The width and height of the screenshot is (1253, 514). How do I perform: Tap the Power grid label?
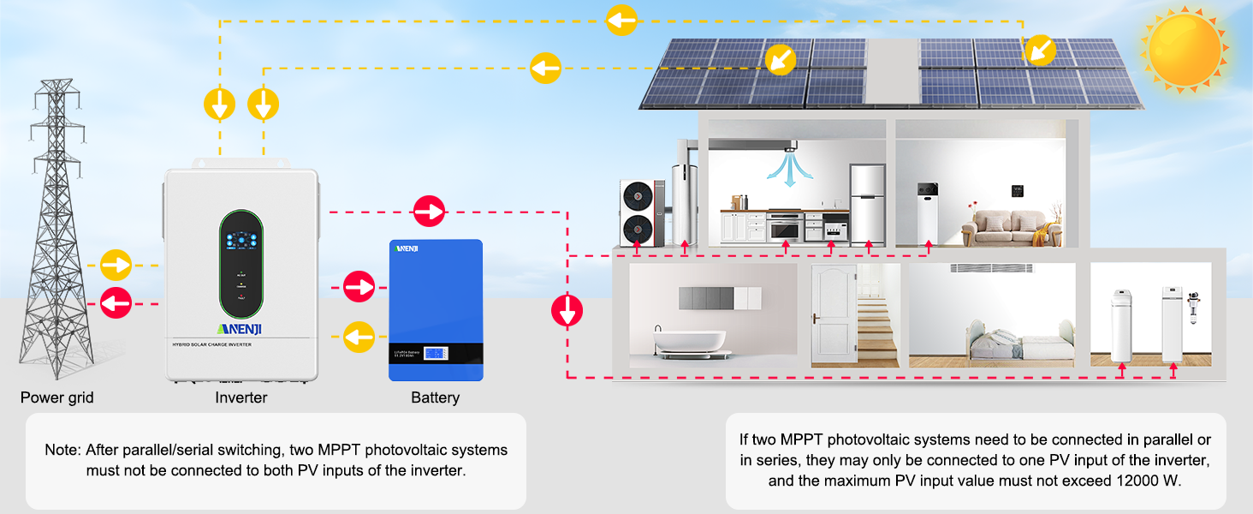[x=57, y=397]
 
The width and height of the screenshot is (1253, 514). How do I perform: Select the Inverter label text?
[x=241, y=397]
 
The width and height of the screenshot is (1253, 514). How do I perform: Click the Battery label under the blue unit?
[x=435, y=397]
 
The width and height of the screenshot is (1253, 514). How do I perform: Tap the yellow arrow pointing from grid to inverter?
[x=116, y=265]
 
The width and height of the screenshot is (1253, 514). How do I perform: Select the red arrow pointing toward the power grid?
[x=116, y=302]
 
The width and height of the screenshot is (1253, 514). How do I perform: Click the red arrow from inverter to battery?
[x=359, y=285]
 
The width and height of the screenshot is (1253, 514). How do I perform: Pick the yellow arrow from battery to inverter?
[x=359, y=336]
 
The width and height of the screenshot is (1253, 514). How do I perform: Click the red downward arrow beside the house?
[x=567, y=310]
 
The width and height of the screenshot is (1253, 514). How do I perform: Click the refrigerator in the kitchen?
[x=867, y=204]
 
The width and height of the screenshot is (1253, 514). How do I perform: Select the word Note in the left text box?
[x=61, y=450]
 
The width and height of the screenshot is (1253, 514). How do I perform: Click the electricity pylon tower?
[x=56, y=231]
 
